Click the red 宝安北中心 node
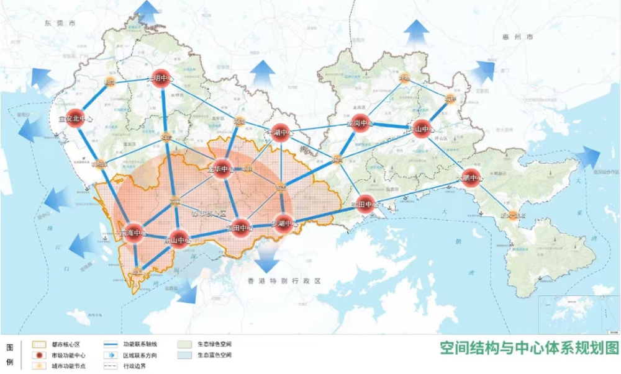(75, 119)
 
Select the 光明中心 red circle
(161, 79)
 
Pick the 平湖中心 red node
(280, 133)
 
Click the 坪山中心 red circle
(422, 129)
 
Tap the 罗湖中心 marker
(283, 223)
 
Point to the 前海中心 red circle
(134, 233)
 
